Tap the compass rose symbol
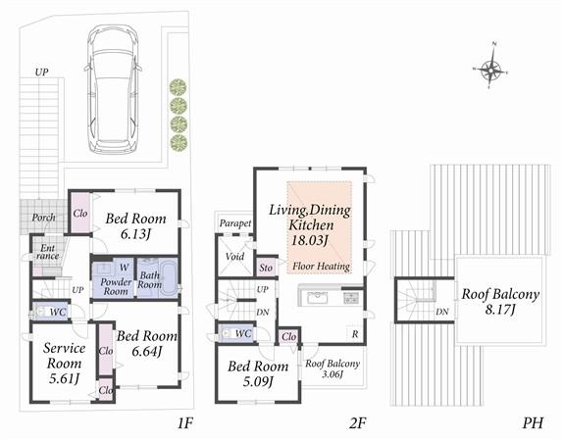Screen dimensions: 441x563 point(492,69)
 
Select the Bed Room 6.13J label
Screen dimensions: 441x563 point(136,227)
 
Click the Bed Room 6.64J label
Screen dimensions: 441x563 point(144,343)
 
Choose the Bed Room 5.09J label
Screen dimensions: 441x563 point(254,374)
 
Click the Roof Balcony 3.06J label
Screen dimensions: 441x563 point(333,370)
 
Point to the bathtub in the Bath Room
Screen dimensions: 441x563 point(155,278)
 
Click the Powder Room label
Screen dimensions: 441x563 point(117,285)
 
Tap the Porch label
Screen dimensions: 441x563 point(42,217)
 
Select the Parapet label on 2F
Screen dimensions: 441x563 point(235,223)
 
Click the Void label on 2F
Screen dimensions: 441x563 point(235,257)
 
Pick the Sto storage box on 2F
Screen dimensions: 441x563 point(266,267)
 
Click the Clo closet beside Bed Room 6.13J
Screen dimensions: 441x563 point(80,212)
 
